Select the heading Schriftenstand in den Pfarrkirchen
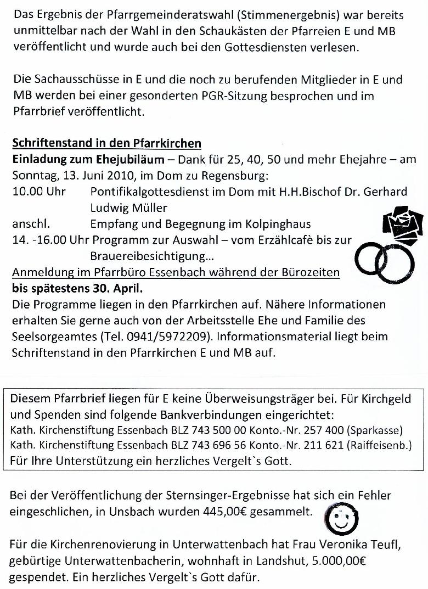(x=106, y=144)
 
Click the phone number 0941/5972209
(x=158, y=336)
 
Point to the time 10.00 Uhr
(x=38, y=192)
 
